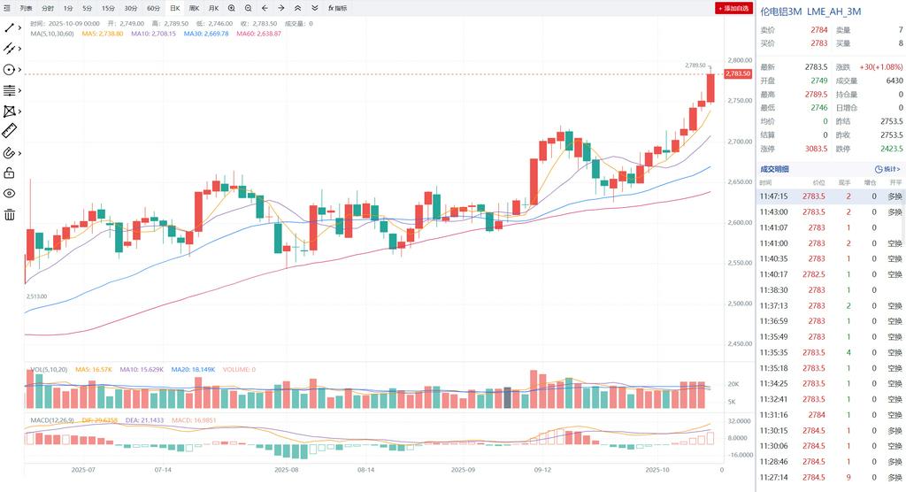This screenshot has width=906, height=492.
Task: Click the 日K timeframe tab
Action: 174,8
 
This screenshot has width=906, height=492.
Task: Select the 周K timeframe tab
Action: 194,8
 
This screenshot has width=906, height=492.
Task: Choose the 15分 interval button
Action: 108,8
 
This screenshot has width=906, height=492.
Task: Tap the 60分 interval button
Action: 154,8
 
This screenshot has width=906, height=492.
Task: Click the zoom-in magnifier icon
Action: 231,8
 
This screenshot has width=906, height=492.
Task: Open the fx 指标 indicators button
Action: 337,8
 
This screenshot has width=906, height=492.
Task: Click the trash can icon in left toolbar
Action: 10,214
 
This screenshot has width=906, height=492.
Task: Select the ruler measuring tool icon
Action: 10,131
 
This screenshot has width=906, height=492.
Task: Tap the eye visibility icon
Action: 10,193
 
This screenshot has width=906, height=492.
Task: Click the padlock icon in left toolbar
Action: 10,173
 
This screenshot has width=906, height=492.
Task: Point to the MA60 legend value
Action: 258,34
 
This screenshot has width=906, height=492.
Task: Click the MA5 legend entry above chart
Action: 103,34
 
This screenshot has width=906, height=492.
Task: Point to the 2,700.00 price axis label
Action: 739,142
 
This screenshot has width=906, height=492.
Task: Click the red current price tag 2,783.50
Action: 738,73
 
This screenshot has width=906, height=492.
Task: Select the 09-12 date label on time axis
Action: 542,470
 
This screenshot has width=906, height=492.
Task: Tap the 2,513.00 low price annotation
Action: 36,296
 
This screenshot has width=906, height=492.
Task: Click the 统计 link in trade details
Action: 887,169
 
